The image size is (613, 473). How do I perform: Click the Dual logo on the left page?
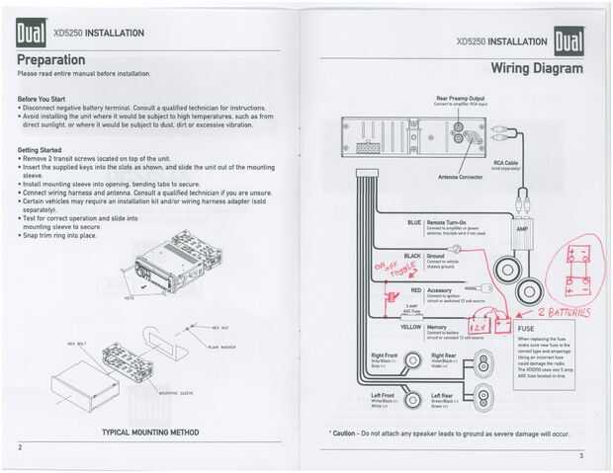(30, 36)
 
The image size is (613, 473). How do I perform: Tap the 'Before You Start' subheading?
(42, 99)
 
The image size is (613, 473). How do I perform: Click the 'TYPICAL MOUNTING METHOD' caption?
(150, 433)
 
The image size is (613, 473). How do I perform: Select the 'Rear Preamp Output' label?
(460, 98)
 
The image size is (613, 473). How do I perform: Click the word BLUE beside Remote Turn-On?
(415, 222)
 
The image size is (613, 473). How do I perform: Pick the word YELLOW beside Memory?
(411, 326)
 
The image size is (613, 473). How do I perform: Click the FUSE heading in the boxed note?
(527, 328)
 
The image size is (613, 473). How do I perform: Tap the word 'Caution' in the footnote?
(342, 433)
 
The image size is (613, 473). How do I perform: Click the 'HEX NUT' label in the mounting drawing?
(220, 327)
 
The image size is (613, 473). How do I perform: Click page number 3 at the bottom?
(581, 455)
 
